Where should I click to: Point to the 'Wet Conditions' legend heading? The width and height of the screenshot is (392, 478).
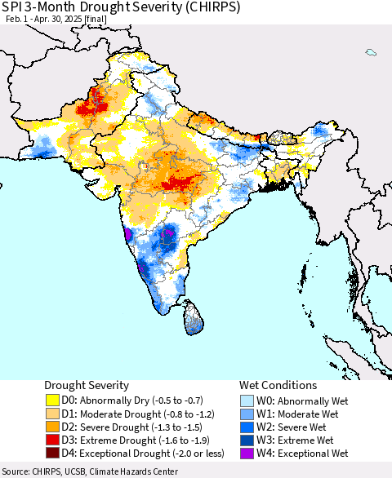[277, 385]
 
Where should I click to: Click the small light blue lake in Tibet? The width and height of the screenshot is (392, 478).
[371, 52]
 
